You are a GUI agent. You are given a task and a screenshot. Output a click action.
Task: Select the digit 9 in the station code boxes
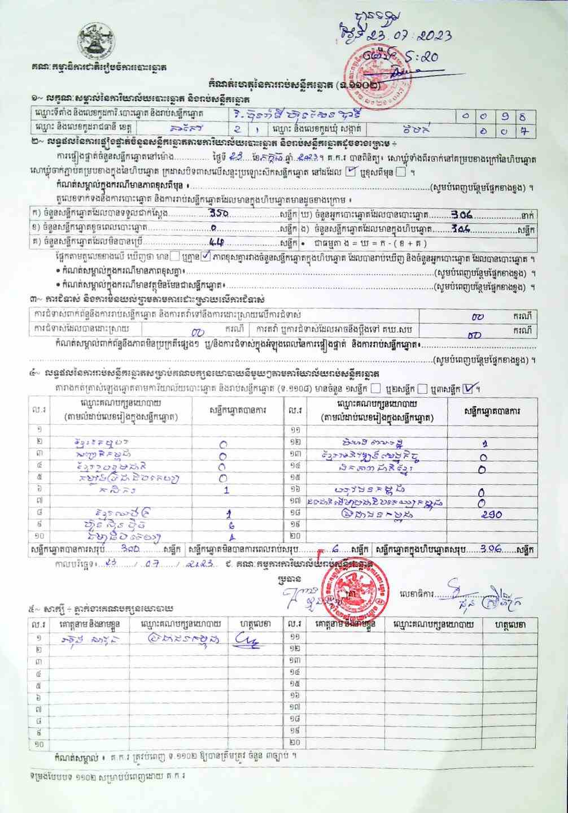[x=506, y=117]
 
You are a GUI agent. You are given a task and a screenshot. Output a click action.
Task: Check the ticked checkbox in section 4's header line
[x=468, y=389]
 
